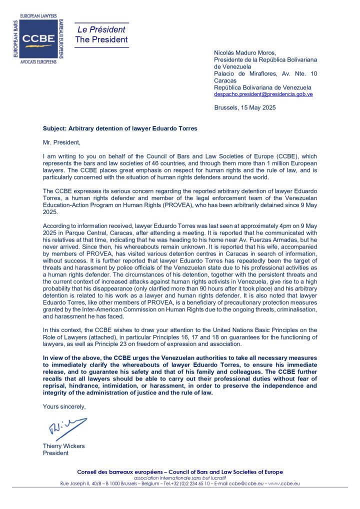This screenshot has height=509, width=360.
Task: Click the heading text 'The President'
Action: [x=101, y=39]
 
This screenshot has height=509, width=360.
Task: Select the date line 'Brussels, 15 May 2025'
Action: [x=244, y=107]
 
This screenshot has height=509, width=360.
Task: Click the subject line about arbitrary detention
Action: [x=120, y=128]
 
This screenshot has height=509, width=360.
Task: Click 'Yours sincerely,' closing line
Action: [x=64, y=406]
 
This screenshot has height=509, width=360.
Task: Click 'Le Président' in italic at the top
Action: [x=101, y=29]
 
